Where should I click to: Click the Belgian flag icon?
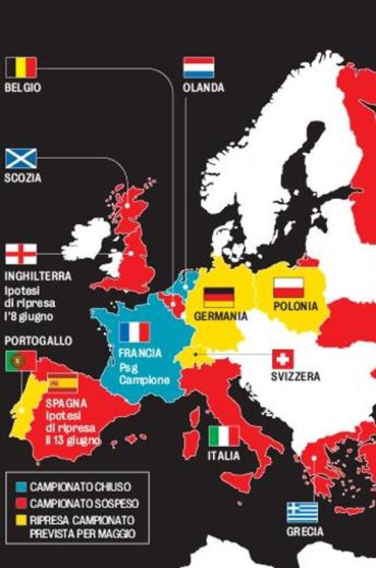22,67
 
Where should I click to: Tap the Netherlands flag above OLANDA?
199,67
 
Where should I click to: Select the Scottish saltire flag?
21,158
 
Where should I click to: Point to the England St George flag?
21,254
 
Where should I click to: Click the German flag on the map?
218,296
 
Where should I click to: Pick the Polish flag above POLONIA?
289,287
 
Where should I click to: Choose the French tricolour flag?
134,332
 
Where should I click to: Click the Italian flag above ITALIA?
224,435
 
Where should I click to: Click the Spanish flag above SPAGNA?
62,383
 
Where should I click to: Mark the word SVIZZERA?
295,377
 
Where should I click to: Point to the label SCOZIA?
23,179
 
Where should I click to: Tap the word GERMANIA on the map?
221,316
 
